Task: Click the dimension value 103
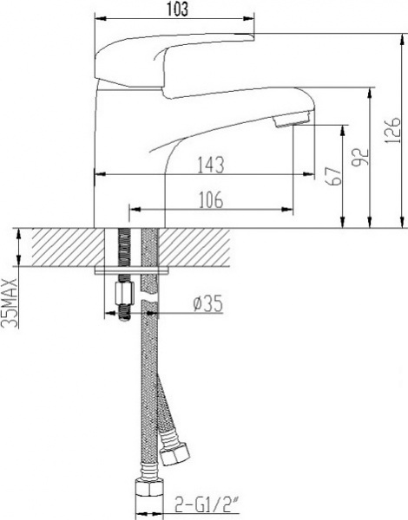(x=176, y=9)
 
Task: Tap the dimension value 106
(x=209, y=199)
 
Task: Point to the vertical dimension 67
(x=327, y=177)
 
